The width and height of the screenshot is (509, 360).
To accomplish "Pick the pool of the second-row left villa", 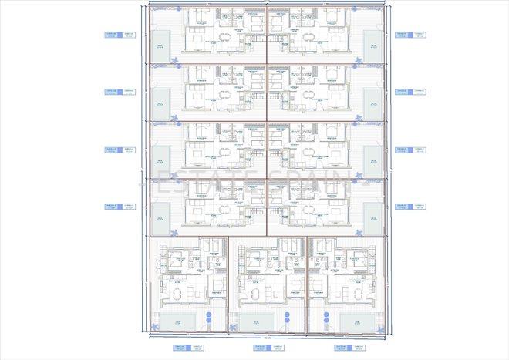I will [160, 103].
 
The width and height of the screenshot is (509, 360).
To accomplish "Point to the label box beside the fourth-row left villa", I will [119, 207].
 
